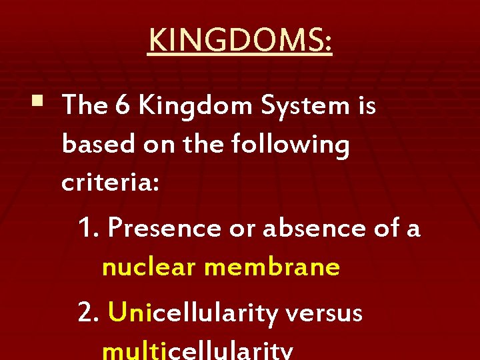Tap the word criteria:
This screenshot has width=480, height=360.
[x=110, y=182]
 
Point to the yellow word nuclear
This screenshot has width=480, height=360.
[x=150, y=267]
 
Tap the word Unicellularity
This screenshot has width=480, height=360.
[x=193, y=312]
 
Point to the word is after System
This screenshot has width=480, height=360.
[x=366, y=105]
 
